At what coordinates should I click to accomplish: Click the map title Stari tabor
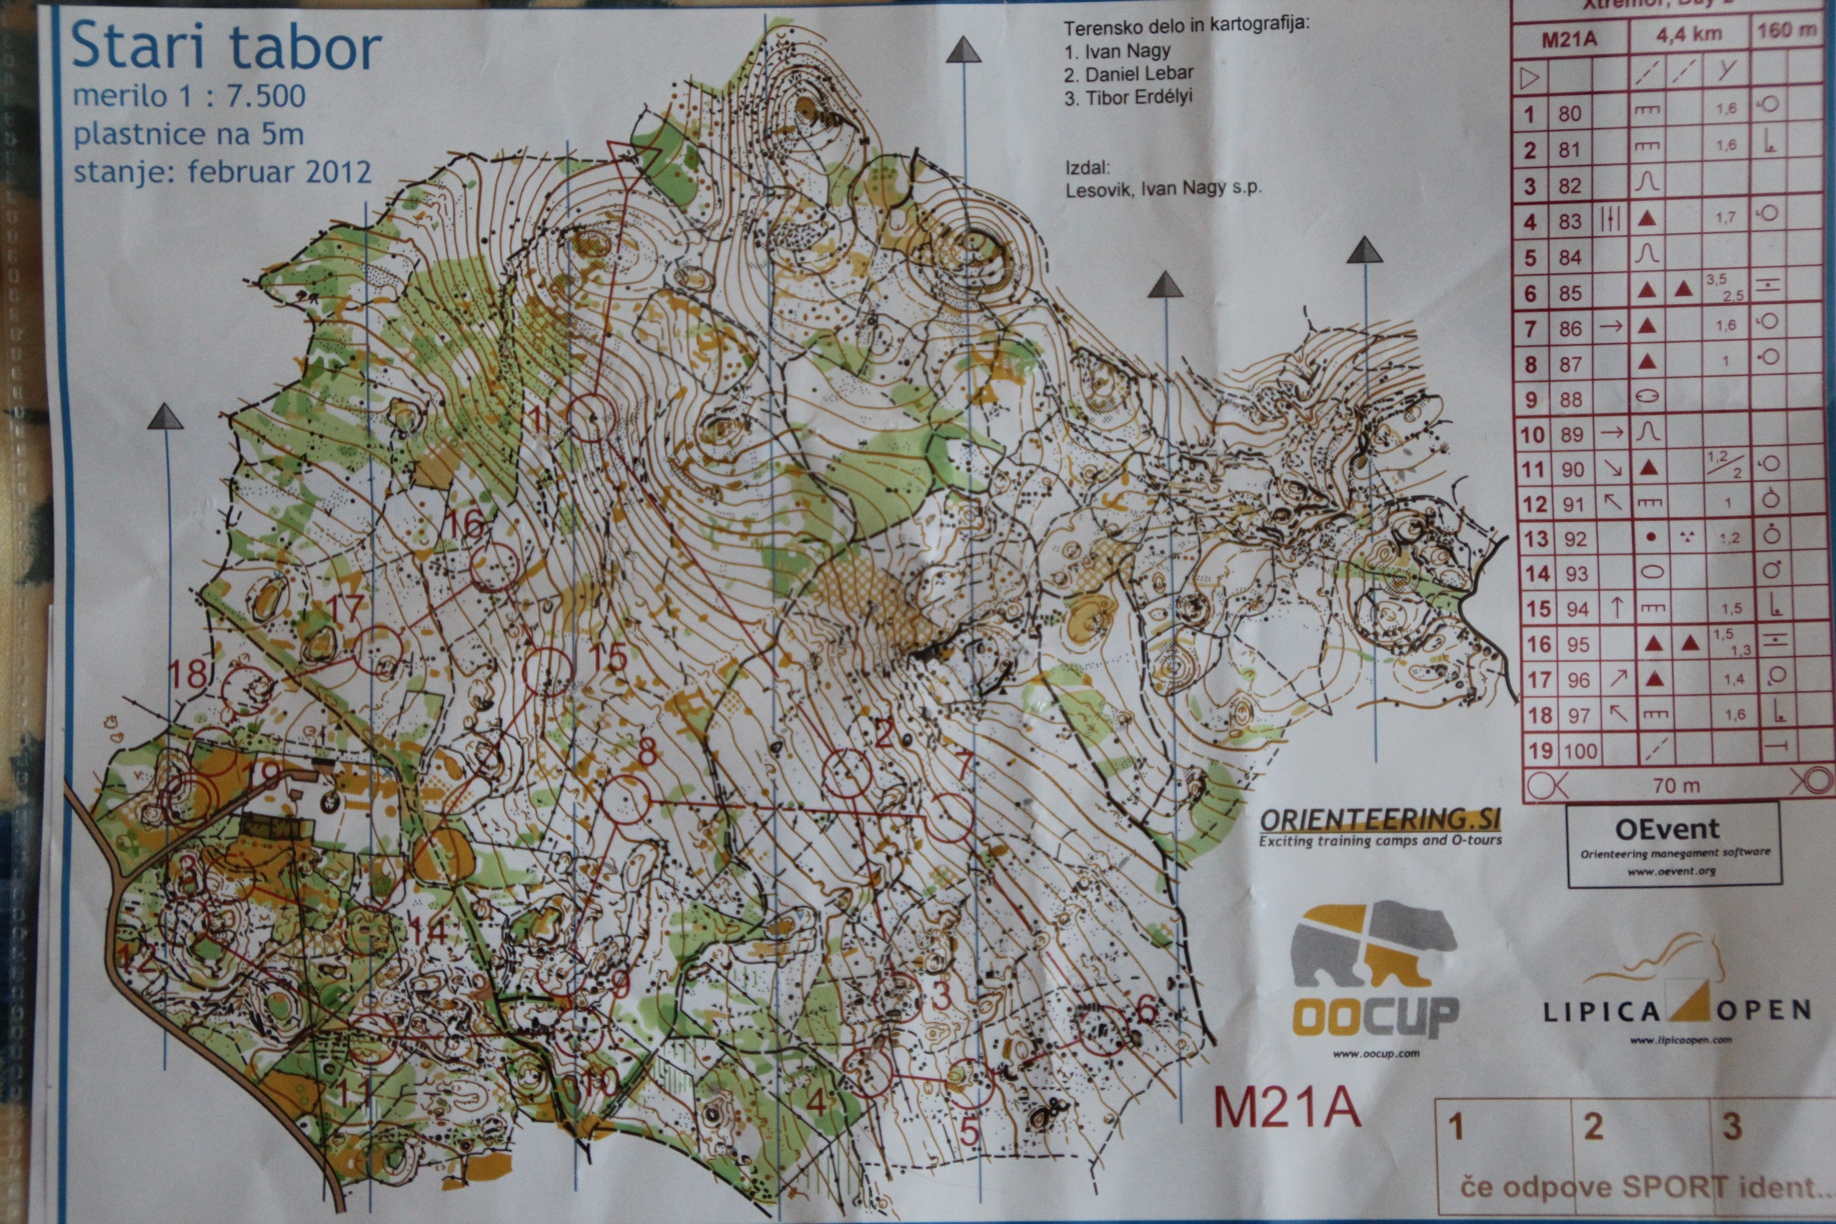click(x=226, y=47)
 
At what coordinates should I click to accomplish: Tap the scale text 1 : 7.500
click(x=226, y=96)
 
